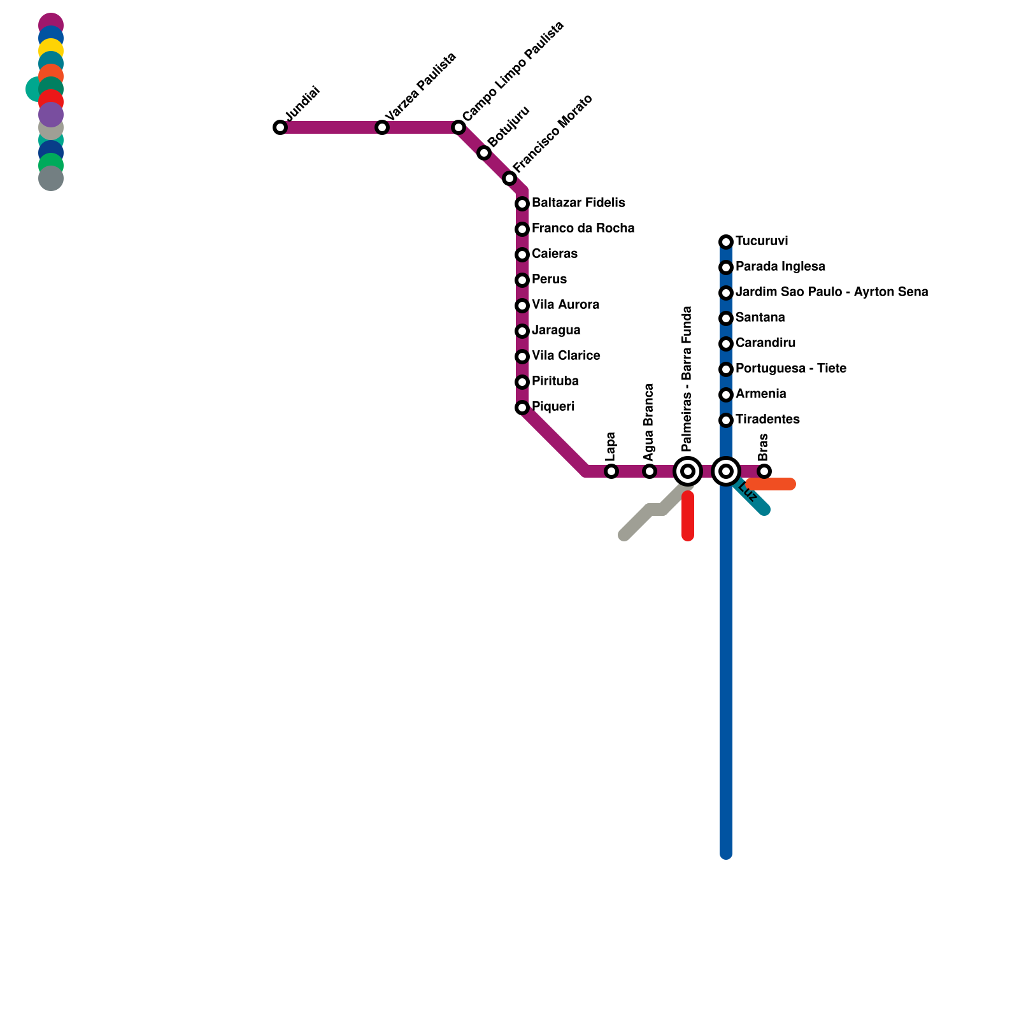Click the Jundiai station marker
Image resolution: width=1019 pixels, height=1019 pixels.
[x=280, y=127]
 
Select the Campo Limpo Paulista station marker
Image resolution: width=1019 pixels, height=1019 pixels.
[x=459, y=127]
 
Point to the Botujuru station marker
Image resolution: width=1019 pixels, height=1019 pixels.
[x=484, y=153]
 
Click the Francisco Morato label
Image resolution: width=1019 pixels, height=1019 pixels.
[x=553, y=133]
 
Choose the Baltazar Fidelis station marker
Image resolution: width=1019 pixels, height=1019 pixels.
[x=522, y=204]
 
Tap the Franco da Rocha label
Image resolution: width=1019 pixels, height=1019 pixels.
[x=583, y=228]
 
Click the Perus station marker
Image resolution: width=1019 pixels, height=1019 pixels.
[x=522, y=280]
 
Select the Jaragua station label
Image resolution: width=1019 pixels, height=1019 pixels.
[x=556, y=330]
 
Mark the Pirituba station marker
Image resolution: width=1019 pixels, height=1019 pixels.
[x=522, y=382]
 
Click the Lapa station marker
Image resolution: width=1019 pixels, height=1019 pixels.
[x=611, y=471]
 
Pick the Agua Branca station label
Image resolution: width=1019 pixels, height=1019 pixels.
[x=649, y=422]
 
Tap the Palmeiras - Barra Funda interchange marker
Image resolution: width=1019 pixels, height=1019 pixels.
[x=688, y=471]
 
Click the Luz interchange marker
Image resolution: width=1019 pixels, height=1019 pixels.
[x=726, y=471]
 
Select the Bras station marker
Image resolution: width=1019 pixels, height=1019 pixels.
[x=764, y=471]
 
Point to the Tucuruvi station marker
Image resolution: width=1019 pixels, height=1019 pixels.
[x=726, y=242]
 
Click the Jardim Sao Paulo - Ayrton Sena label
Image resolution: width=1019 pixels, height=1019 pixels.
[x=831, y=292]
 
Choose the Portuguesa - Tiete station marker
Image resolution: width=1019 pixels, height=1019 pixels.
[x=726, y=369]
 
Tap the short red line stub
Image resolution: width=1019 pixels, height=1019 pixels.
[x=688, y=516]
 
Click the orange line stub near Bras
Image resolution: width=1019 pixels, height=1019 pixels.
[x=774, y=485]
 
